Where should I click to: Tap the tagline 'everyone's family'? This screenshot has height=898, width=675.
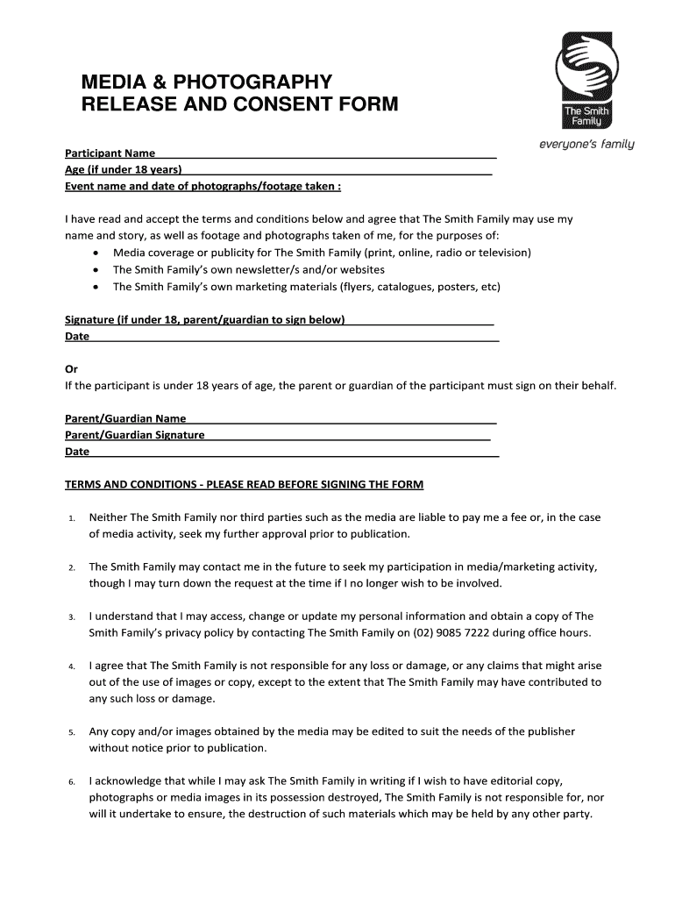pyautogui.click(x=586, y=144)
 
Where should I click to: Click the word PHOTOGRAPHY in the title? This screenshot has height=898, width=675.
pyautogui.click(x=253, y=82)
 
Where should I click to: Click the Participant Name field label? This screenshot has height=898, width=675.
pyautogui.click(x=110, y=153)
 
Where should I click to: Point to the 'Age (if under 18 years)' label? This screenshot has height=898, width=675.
pyautogui.click(x=123, y=170)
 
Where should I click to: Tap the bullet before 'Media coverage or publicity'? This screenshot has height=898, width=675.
pyautogui.click(x=95, y=253)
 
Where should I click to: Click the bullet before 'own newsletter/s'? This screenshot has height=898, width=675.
pyautogui.click(x=95, y=270)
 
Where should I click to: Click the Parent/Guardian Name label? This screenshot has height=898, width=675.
pyautogui.click(x=125, y=419)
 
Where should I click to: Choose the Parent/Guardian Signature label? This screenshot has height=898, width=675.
pyautogui.click(x=135, y=435)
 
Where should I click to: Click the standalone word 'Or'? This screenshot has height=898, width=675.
pyautogui.click(x=72, y=369)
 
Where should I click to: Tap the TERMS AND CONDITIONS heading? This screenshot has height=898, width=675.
pyautogui.click(x=245, y=484)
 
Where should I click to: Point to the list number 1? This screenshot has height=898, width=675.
pyautogui.click(x=72, y=519)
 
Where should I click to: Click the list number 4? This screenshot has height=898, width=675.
pyautogui.click(x=72, y=667)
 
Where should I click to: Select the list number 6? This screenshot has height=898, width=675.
pyautogui.click(x=72, y=781)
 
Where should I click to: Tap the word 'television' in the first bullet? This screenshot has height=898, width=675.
pyautogui.click(x=501, y=253)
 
